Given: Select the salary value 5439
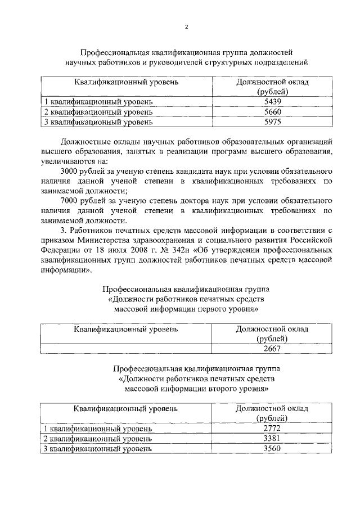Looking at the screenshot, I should pos(272,102).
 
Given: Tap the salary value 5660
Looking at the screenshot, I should pos(272,111).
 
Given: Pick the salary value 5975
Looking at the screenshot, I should pos(272,121).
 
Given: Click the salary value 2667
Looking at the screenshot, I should pos(272,348).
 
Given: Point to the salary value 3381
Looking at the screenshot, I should pos(272,439).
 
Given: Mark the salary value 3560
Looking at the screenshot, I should pos(272,448).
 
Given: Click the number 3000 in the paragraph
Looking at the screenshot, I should pos(70,170).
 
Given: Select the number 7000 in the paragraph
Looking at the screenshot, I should pos(70,200).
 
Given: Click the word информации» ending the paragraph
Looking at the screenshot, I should pos(65,269).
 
